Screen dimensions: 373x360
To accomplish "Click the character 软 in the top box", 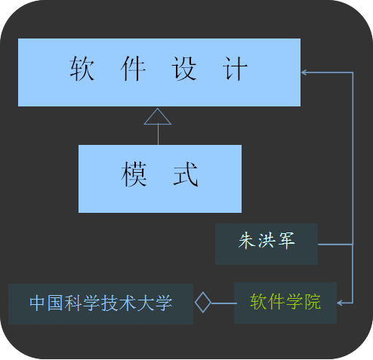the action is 82,69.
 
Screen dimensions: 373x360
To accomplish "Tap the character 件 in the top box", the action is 133,69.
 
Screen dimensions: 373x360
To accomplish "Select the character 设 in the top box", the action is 184,69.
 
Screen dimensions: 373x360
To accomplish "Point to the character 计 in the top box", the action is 235,69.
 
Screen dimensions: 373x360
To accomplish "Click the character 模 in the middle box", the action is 134,174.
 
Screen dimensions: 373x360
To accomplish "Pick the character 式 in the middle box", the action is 186,174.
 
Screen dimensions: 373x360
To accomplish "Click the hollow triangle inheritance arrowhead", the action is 158,116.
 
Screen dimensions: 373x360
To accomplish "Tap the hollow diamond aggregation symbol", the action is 203,303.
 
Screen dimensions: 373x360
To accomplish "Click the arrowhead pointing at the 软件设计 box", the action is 304,72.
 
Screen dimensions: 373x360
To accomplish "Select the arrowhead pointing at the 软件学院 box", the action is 340,303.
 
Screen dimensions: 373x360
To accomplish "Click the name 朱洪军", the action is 267,241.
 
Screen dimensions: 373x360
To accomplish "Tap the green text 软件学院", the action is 285,301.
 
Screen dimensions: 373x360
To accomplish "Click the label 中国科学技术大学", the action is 101,303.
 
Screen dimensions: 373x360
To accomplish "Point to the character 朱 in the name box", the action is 247,241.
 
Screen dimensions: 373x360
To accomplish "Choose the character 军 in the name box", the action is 286,241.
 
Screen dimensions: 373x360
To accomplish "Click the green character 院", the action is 313,301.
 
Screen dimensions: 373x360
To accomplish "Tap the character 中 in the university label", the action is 38,303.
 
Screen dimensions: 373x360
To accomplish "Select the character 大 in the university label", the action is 146,303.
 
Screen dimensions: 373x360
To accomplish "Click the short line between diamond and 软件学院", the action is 223,303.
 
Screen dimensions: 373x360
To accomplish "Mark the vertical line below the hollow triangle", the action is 158,134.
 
